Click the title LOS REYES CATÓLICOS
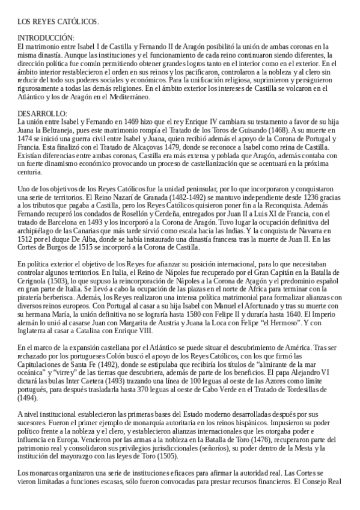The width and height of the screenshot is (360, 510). [58, 22]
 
